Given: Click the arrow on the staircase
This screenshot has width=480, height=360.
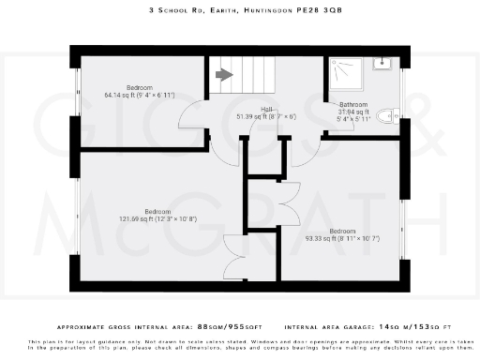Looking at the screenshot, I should (224, 76).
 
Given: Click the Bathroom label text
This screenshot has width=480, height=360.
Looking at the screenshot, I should (353, 105).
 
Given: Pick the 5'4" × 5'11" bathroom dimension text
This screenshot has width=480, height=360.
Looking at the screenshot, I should (353, 119).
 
